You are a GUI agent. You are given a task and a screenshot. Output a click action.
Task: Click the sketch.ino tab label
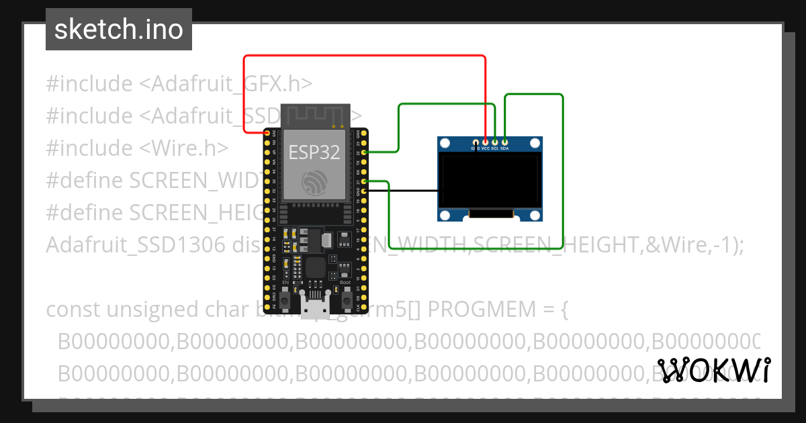(x=118, y=30)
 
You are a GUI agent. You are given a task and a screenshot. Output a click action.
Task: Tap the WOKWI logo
(x=713, y=370)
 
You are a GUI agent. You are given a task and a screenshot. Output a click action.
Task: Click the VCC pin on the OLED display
(x=486, y=142)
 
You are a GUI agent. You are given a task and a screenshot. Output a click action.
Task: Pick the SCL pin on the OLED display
(x=495, y=142)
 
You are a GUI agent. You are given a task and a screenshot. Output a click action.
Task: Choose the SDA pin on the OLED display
(x=504, y=142)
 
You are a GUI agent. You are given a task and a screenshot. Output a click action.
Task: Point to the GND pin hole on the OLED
(x=476, y=142)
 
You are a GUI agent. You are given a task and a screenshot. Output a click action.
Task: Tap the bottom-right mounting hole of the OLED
(x=535, y=215)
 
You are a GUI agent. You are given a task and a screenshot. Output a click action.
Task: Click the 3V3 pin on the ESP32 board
(x=267, y=134)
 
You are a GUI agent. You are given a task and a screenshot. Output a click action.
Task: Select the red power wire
(x=363, y=56)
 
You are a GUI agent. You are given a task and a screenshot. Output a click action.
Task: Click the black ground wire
(x=403, y=191)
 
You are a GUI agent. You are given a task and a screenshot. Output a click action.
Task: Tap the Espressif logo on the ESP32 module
(x=314, y=183)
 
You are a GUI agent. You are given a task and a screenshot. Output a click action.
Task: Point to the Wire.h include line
(x=137, y=148)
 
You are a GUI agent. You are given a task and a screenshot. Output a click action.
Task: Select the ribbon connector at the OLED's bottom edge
(x=490, y=214)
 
